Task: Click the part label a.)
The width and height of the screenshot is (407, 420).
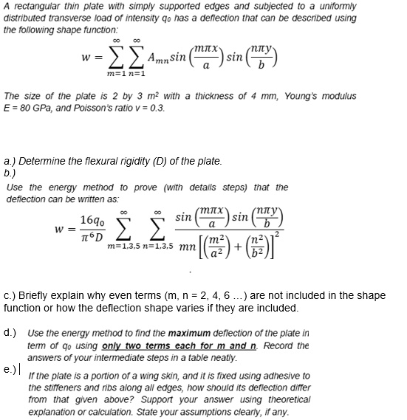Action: click(x=10, y=159)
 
